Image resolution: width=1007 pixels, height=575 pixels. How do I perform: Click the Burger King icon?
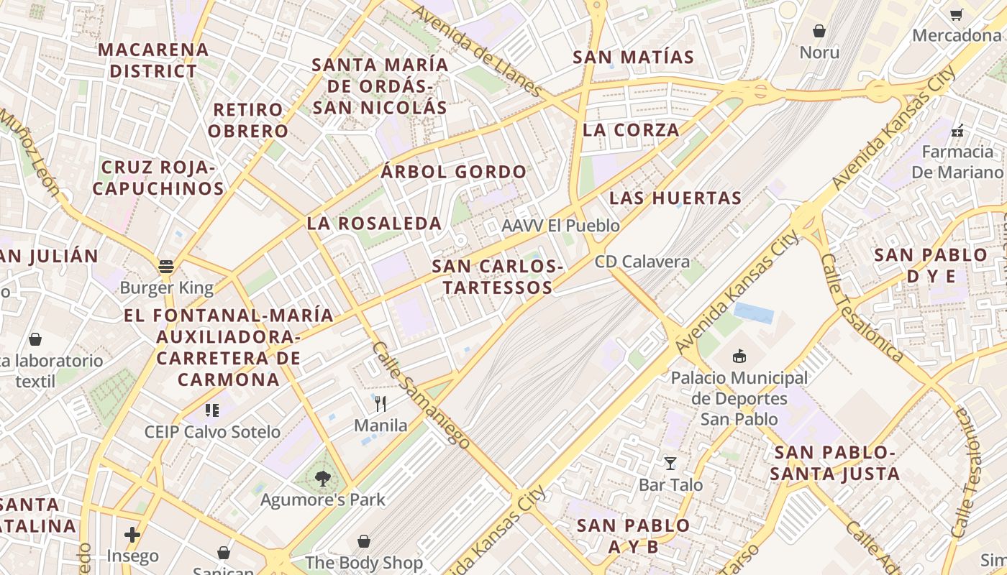166,267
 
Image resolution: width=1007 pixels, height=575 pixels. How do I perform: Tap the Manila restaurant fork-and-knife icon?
381,404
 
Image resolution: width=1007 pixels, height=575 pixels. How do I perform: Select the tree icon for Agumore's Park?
323,478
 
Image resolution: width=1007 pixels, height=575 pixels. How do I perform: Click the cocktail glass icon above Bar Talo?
670,464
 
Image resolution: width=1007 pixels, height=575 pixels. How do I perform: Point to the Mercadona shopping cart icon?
956,14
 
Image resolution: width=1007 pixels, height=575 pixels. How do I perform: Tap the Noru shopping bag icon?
819,31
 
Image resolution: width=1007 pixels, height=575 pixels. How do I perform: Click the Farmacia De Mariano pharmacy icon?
957,130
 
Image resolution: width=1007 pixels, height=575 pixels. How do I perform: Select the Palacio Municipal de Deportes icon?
739,356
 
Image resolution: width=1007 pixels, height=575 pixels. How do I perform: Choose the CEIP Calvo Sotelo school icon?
211,410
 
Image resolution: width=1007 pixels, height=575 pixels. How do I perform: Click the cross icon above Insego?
132,534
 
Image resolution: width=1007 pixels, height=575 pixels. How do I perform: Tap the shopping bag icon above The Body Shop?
364,540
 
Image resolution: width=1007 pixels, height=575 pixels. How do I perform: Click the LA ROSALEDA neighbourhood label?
374,224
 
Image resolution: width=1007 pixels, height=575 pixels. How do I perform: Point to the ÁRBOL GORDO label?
453,172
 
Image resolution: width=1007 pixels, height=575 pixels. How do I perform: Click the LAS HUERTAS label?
675,198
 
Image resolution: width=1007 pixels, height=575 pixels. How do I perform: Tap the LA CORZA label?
631,130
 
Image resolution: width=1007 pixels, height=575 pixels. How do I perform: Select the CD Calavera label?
642,262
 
